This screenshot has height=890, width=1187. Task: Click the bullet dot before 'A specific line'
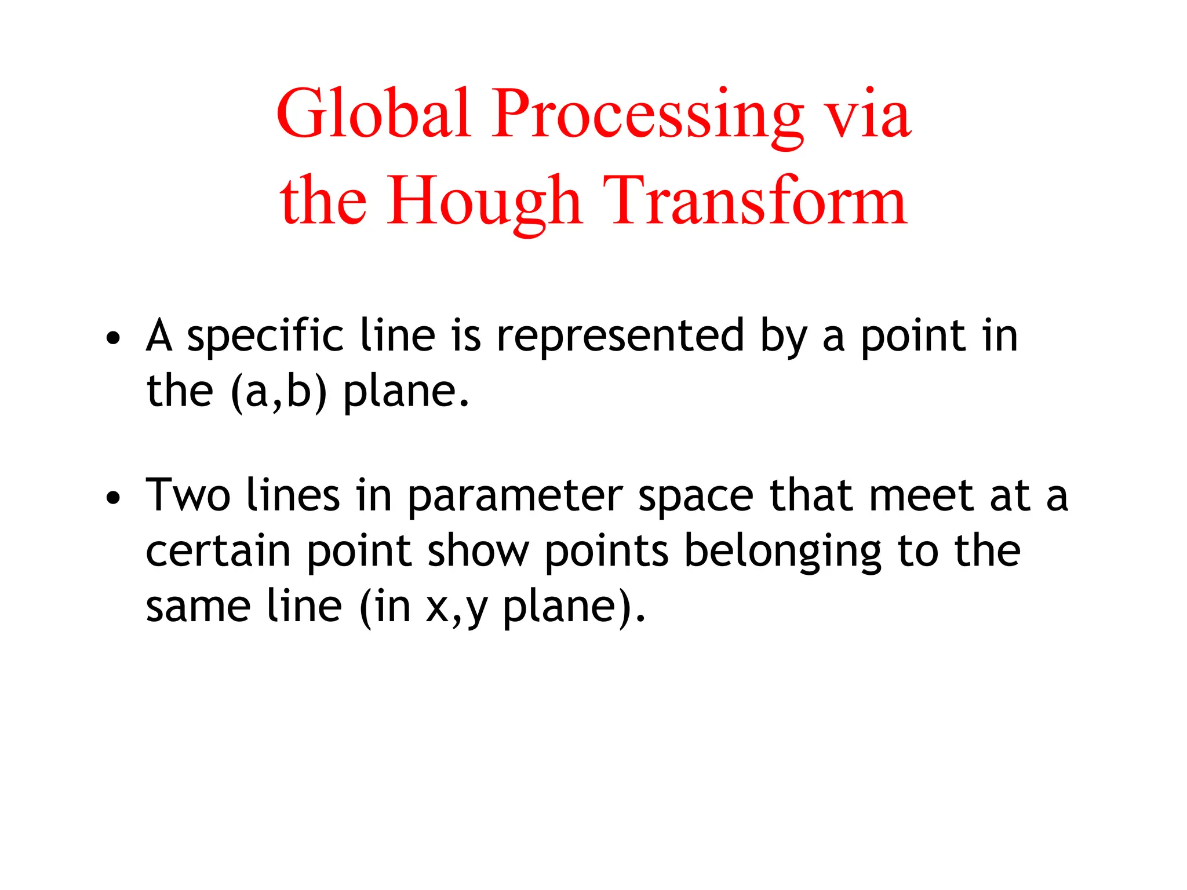(x=114, y=338)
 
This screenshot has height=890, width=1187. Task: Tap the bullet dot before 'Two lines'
(x=114, y=497)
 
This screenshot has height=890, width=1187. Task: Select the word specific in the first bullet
(x=265, y=338)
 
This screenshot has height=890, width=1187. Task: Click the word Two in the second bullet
(x=188, y=495)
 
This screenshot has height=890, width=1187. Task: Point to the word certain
(x=218, y=551)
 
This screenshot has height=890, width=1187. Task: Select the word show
(x=479, y=551)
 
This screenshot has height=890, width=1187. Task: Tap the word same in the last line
(x=198, y=607)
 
